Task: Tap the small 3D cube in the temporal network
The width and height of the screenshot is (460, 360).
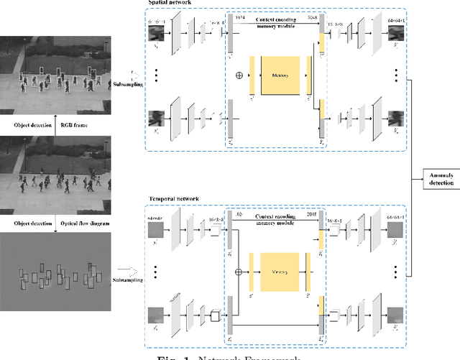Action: click(x=214, y=315)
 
